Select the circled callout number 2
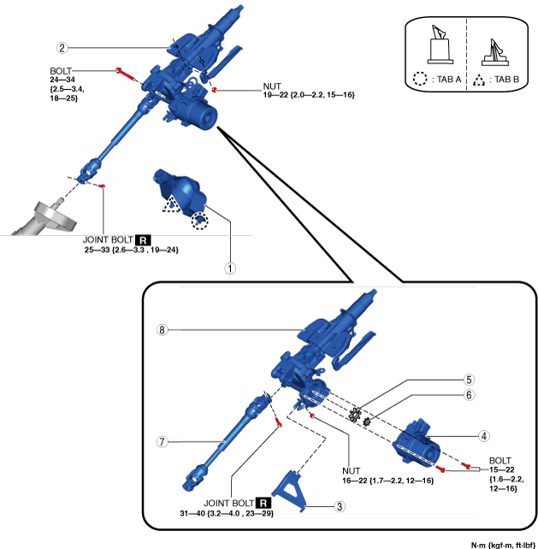62,48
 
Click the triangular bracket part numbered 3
298,492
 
